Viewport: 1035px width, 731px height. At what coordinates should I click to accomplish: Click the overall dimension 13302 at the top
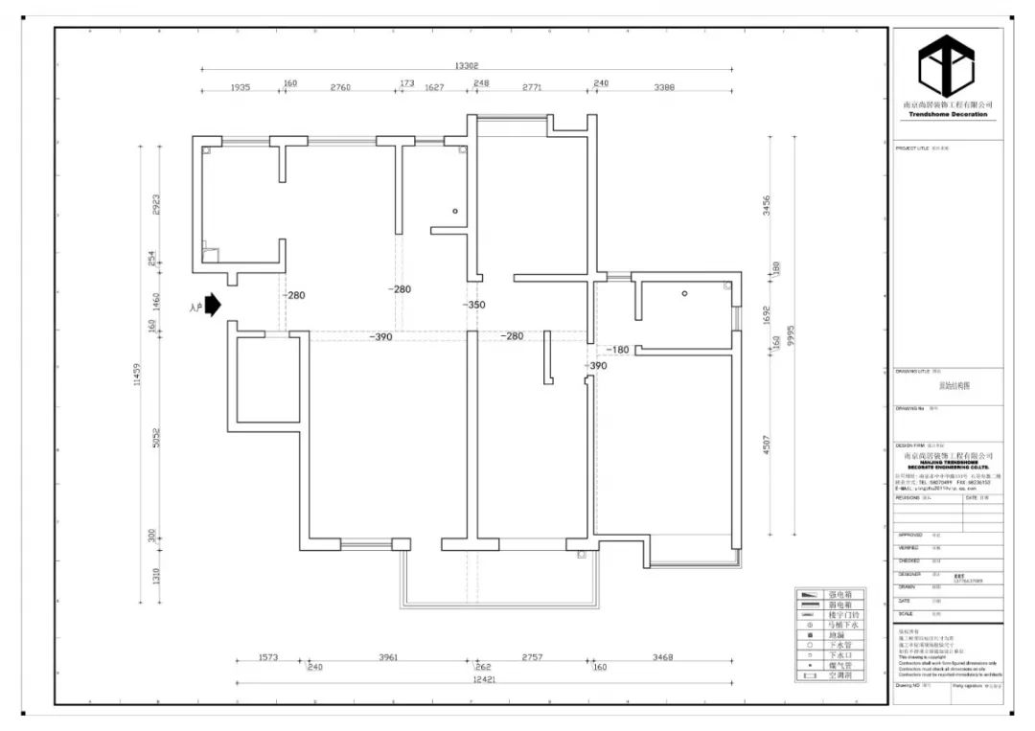466,66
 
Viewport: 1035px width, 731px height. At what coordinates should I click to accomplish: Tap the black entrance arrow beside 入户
214,306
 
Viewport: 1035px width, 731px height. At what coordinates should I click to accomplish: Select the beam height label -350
473,306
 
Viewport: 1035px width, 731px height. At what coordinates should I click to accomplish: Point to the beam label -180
617,350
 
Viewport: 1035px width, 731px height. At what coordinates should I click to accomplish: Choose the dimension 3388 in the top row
664,87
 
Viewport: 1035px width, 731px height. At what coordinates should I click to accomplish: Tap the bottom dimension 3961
387,658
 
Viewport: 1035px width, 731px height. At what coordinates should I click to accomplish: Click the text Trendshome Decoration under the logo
947,114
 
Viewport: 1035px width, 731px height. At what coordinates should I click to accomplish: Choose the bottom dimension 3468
660,658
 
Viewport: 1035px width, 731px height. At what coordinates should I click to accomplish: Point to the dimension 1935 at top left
240,87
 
